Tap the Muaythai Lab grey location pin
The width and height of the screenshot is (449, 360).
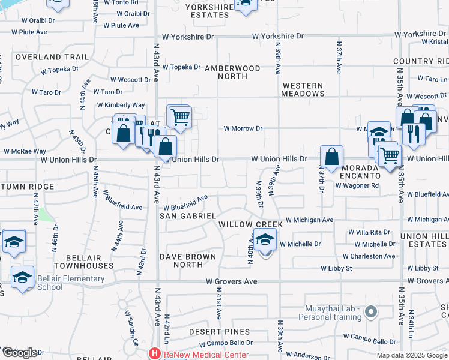point(371,311)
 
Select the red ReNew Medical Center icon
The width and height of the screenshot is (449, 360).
point(155,353)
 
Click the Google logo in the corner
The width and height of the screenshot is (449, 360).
point(20,353)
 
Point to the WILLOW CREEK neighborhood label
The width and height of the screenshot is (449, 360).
point(250,224)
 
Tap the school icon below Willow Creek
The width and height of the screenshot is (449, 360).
point(264,242)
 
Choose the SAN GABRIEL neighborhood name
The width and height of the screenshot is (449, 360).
point(188,215)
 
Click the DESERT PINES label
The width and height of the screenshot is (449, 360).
point(219,332)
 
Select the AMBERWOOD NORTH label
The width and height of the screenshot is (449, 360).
point(232,73)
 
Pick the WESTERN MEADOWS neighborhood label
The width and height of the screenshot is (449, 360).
point(303,90)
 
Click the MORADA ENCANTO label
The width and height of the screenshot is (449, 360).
point(359,172)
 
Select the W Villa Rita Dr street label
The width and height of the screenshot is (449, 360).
point(370,232)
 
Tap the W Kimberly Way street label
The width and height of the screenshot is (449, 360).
point(121,105)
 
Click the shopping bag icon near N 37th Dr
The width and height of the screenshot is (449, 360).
point(331,157)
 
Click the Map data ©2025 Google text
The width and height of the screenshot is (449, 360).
point(412,355)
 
